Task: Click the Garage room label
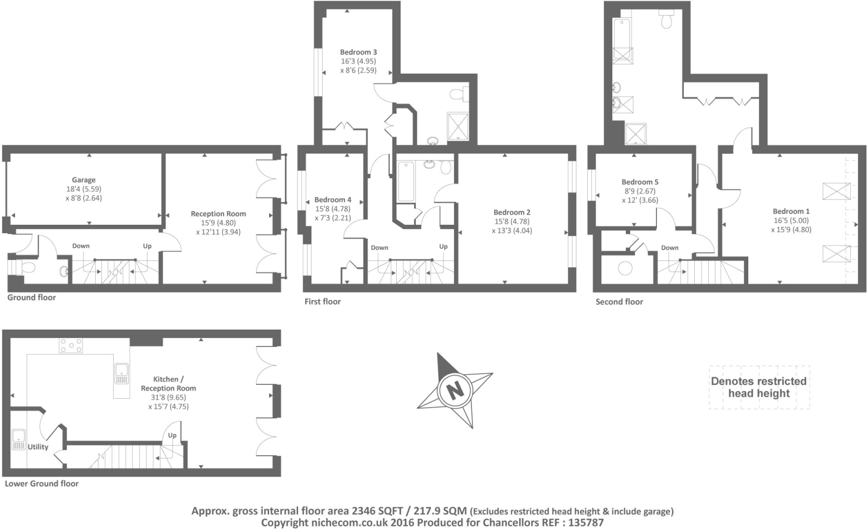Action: coord(84,180)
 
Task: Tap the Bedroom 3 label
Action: coord(358,52)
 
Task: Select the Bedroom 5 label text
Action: coord(640,182)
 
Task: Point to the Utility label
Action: coord(38,447)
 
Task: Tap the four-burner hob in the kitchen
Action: coord(71,345)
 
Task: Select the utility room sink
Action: coord(18,439)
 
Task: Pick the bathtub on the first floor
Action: coord(406,182)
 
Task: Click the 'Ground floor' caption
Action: coord(32,298)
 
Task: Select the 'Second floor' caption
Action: coord(619,302)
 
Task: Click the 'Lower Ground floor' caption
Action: coord(42,483)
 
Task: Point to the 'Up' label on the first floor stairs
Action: coord(444,246)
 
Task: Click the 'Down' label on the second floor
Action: coord(670,248)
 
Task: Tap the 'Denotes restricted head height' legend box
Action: coord(759,388)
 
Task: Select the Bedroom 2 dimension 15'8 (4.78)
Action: coord(512,221)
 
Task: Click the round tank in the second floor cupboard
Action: coord(625,269)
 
